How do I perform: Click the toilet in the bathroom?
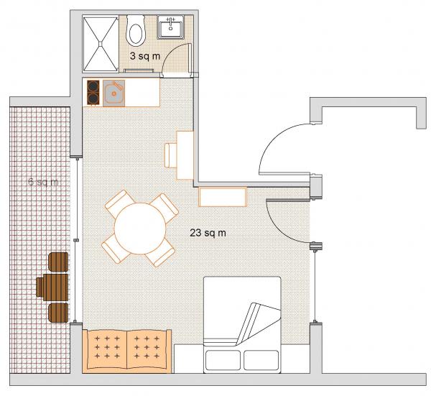(135, 30)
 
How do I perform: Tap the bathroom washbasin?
(171, 27)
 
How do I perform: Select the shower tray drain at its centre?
(101, 43)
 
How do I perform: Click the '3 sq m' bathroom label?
(145, 56)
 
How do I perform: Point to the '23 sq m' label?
(208, 233)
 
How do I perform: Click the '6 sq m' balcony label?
(43, 182)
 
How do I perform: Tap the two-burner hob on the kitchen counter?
(93, 93)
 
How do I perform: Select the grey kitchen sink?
(113, 93)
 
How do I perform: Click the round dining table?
(140, 229)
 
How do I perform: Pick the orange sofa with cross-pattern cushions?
(126, 351)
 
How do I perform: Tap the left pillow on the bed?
(223, 360)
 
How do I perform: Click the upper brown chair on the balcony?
(58, 262)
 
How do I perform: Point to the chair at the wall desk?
(171, 155)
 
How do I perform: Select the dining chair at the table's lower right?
(160, 252)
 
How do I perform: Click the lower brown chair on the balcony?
(58, 313)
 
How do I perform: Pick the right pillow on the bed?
(261, 360)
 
